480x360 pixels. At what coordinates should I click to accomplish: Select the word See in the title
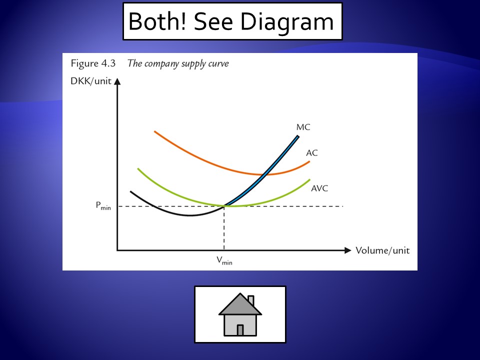click(213, 21)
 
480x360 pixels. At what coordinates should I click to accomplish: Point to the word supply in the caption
click(193, 64)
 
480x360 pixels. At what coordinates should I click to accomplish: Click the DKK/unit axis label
click(91, 81)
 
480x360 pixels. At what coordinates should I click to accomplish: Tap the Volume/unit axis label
click(382, 250)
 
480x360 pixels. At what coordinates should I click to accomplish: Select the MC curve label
click(303, 127)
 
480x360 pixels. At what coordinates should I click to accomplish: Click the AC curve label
click(312, 153)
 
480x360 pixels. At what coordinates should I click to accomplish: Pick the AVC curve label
click(319, 188)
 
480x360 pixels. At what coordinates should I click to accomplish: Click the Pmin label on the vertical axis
click(103, 205)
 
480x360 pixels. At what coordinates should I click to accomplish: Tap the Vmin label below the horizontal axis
click(224, 260)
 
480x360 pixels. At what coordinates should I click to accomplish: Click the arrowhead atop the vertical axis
click(117, 81)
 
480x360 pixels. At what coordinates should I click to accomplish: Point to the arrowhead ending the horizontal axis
click(347, 250)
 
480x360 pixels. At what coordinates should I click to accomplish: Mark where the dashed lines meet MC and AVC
click(224, 206)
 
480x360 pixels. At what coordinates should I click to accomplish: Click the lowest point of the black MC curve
click(190, 215)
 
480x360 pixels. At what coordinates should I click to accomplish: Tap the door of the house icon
click(240, 330)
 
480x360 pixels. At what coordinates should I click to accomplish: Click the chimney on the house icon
click(251, 300)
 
